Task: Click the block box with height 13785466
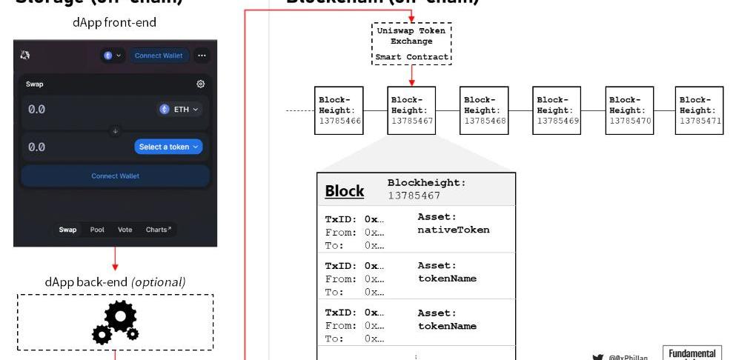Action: pyautogui.click(x=339, y=110)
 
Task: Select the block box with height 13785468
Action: pyautogui.click(x=484, y=110)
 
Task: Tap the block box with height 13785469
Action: pyautogui.click(x=557, y=110)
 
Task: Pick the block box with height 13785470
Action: pyautogui.click(x=629, y=110)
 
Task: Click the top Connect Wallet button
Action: pyautogui.click(x=159, y=56)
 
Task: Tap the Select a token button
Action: pyautogui.click(x=169, y=147)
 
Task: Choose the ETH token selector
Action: pyautogui.click(x=179, y=109)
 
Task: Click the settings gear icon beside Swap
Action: pyautogui.click(x=200, y=84)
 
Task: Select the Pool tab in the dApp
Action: pyautogui.click(x=97, y=230)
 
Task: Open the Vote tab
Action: pyautogui.click(x=125, y=230)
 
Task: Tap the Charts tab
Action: pyautogui.click(x=159, y=230)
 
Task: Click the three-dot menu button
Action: pyautogui.click(x=202, y=56)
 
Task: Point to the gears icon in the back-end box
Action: pyautogui.click(x=115, y=322)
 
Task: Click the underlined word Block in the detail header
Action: pyautogui.click(x=345, y=190)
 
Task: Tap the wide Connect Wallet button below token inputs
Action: pyautogui.click(x=115, y=176)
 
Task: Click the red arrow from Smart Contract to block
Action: pyautogui.click(x=411, y=74)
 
